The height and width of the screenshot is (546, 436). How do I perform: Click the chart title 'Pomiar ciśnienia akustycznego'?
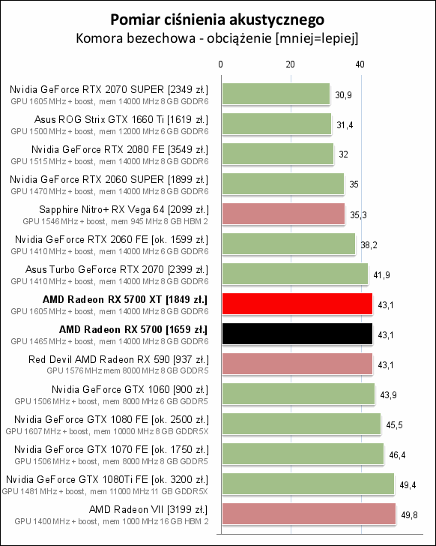(217, 18)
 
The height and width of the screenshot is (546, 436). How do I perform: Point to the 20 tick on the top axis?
(290, 65)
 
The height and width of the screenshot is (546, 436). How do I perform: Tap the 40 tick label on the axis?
(360, 65)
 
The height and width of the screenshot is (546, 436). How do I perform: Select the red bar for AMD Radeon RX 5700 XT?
(296, 304)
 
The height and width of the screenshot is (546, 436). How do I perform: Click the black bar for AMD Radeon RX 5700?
(296, 334)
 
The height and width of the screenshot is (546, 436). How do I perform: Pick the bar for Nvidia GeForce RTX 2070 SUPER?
(275, 94)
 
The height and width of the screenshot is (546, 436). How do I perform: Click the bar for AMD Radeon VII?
(308, 514)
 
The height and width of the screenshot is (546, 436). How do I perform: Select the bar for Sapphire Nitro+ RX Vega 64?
(282, 214)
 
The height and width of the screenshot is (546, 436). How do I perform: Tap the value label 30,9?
(344, 95)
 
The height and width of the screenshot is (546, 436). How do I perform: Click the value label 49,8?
(408, 515)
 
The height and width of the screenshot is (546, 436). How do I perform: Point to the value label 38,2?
(369, 245)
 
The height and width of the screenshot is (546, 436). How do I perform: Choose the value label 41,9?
(381, 275)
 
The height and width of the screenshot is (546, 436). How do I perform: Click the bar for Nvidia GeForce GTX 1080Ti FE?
(307, 484)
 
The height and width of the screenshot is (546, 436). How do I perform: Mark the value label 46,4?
(398, 455)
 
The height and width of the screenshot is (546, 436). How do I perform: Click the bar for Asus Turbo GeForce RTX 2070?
(294, 274)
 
